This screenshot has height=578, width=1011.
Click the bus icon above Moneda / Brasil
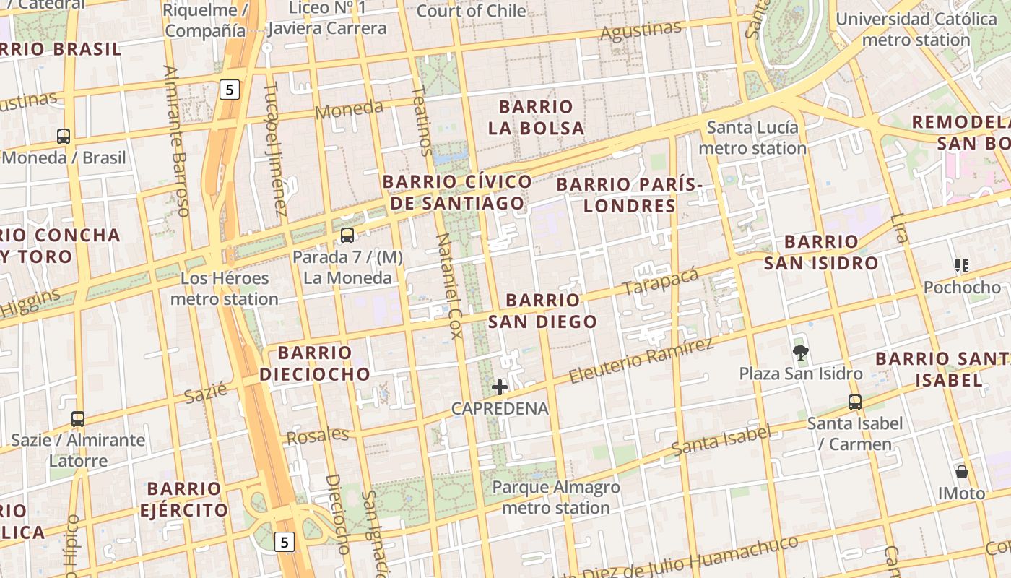point(64,136)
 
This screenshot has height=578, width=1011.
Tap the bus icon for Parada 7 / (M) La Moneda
point(347,235)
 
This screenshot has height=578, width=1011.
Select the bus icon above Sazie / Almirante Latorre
point(78,418)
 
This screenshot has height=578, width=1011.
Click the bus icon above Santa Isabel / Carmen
point(855,402)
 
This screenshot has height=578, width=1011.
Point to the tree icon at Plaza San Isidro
point(800,353)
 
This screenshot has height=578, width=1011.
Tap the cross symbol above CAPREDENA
point(500,387)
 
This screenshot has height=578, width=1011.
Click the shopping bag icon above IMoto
point(961,473)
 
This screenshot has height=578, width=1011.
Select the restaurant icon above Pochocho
point(961,266)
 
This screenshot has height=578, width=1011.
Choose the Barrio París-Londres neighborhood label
point(630,195)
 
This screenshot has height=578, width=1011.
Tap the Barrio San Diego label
point(543,311)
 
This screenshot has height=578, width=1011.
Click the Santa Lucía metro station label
point(752,138)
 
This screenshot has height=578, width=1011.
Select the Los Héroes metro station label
point(225,288)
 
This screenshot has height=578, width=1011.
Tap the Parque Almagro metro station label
point(556,497)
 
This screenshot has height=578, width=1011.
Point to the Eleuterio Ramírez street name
point(641,361)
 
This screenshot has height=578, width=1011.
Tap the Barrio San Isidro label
point(821,252)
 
